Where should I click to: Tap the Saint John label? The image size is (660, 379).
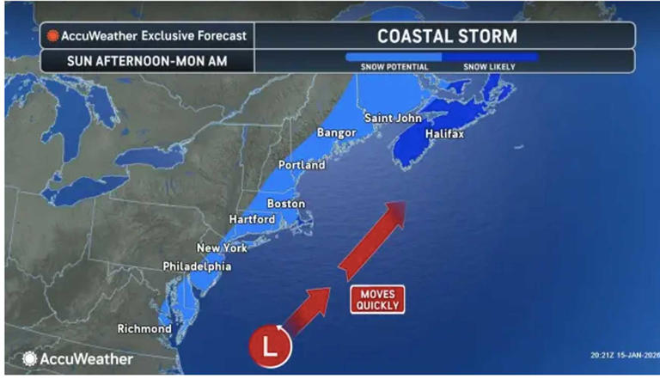point(393,118)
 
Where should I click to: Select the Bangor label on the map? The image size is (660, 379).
point(336,133)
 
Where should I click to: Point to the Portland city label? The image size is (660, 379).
point(302,164)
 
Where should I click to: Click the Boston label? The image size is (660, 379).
point(285,204)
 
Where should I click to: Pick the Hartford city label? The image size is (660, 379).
point(252,220)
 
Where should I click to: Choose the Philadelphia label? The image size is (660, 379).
point(197,267)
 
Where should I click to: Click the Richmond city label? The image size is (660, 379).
point(144,329)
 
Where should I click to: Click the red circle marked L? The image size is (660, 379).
point(271,349)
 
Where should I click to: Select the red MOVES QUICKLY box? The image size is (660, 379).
point(376,299)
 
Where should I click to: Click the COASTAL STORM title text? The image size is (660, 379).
point(448,37)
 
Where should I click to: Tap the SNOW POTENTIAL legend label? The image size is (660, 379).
point(394,67)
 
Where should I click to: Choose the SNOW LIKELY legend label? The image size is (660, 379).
point(490,67)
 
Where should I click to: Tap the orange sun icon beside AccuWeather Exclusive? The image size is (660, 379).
point(52,37)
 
